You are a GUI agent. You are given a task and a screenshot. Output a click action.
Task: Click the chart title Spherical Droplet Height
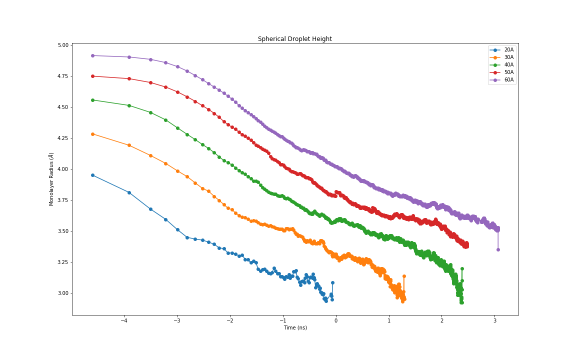(x=294, y=39)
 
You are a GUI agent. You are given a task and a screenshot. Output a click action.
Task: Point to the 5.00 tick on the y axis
(x=62, y=45)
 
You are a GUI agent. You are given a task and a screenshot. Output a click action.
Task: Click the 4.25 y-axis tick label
(x=62, y=138)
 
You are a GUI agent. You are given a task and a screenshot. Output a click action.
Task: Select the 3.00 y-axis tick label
(x=62, y=293)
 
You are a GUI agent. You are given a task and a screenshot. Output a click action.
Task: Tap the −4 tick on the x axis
(x=124, y=321)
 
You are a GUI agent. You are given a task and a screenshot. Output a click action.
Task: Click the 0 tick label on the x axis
(x=336, y=321)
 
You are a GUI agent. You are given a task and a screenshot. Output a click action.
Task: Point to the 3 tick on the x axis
(x=494, y=321)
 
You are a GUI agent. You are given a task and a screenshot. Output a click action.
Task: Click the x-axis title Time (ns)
(x=295, y=328)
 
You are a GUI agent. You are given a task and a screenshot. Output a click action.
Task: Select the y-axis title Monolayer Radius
(x=51, y=179)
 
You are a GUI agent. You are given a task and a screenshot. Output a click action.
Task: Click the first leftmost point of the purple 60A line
(x=92, y=55)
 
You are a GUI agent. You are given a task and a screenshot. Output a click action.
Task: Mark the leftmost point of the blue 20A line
(x=92, y=175)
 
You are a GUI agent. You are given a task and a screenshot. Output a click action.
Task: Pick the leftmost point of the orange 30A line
(x=92, y=134)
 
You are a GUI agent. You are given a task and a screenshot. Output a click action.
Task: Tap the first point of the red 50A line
(x=92, y=76)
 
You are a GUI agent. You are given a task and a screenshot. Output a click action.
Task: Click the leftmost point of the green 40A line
(x=92, y=100)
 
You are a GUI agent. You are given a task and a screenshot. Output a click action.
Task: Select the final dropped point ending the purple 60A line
(x=498, y=249)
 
